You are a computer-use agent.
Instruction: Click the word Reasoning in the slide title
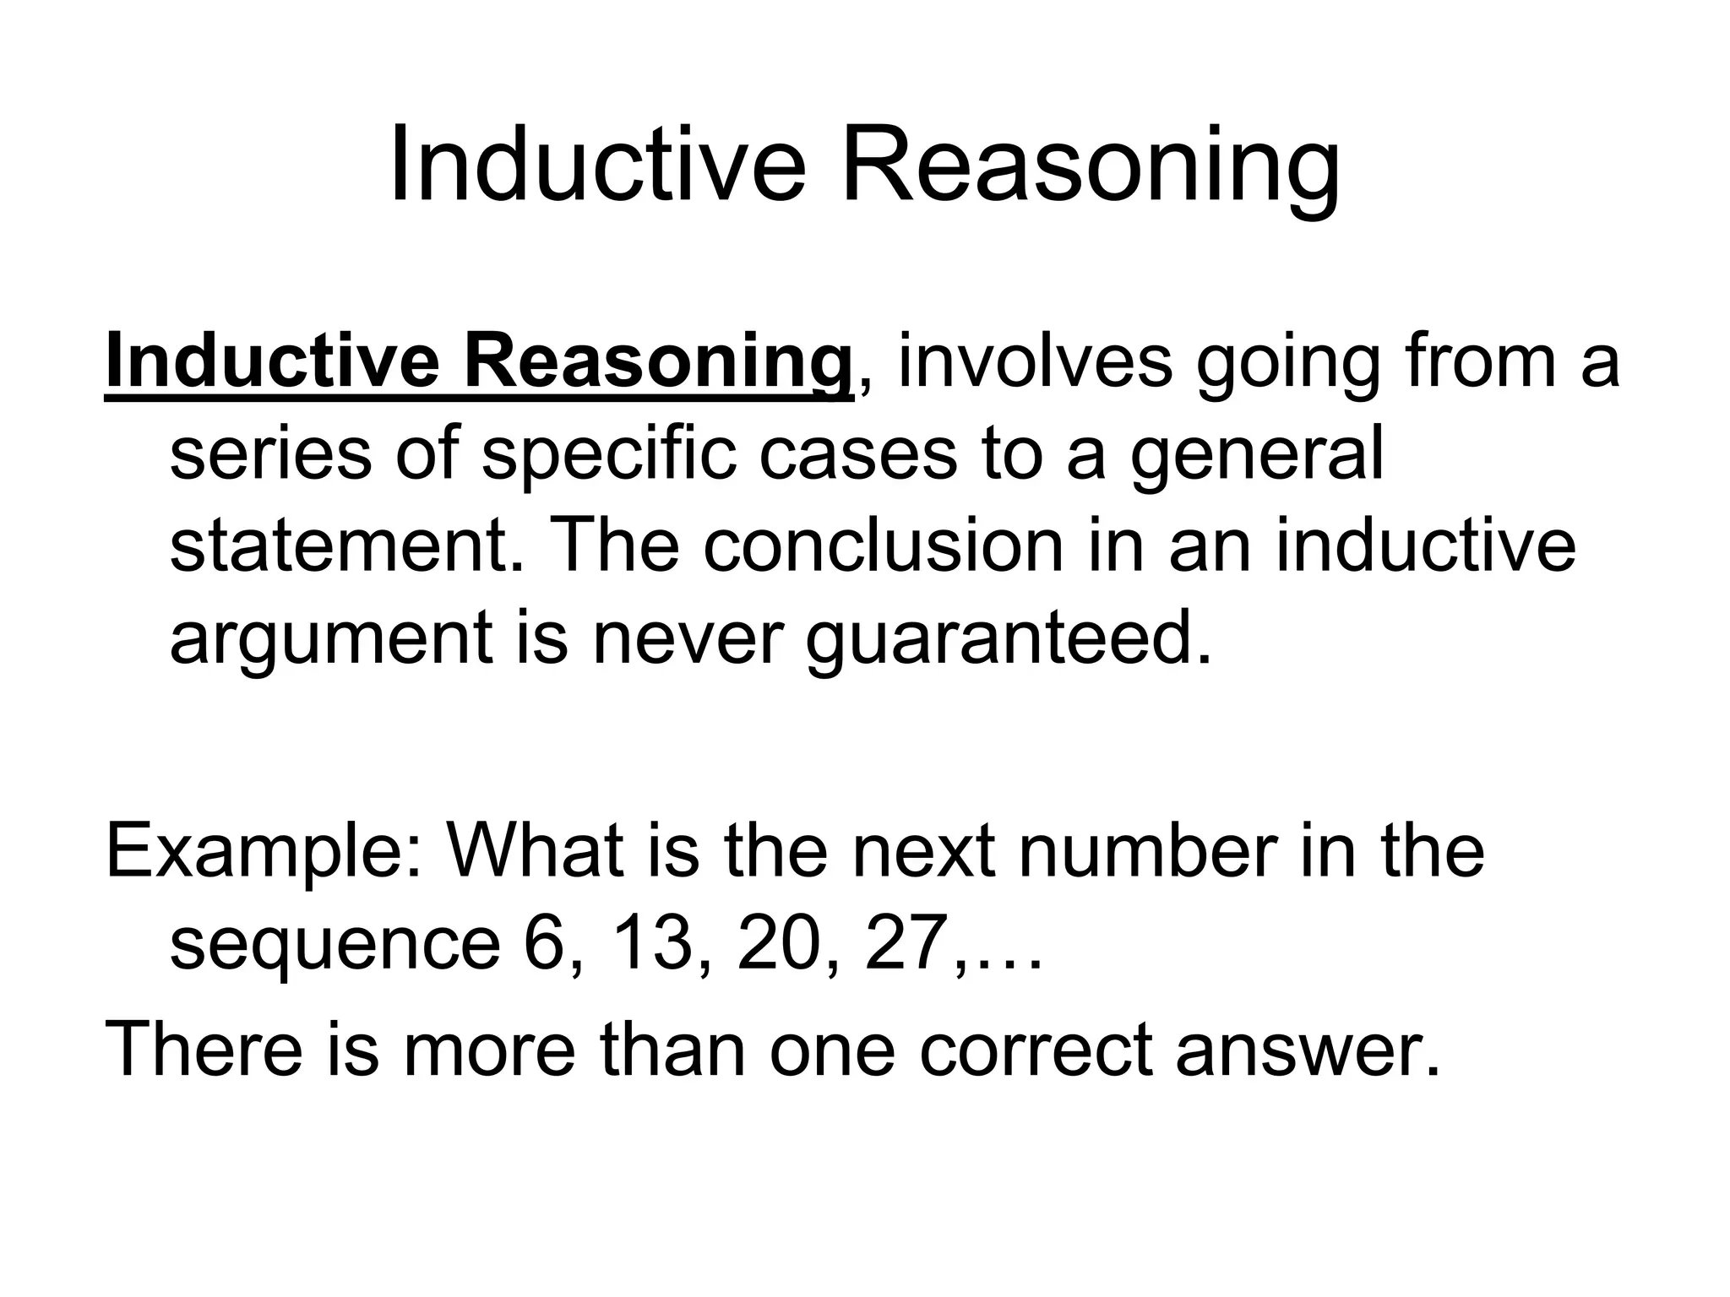pyautogui.click(x=1090, y=166)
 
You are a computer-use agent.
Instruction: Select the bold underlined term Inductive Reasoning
pyautogui.click(x=478, y=364)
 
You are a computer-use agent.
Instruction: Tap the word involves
pyautogui.click(x=1035, y=364)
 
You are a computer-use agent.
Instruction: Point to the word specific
pyautogui.click(x=608, y=457)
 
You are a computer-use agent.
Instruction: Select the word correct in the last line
pyautogui.click(x=1036, y=1050)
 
